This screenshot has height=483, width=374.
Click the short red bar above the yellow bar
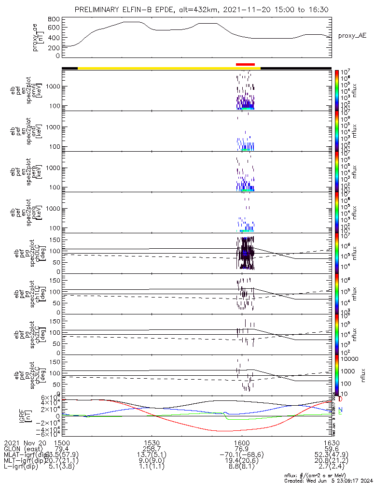pyautogui.click(x=245, y=64)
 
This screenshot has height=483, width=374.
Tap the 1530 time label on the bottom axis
pyautogui.click(x=152, y=443)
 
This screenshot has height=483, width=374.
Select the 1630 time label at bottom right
pyautogui.click(x=331, y=443)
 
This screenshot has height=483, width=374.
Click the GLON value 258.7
pyautogui.click(x=152, y=450)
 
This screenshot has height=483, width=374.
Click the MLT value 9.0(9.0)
pyautogui.click(x=152, y=462)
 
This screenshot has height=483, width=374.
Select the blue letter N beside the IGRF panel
pyautogui.click(x=340, y=410)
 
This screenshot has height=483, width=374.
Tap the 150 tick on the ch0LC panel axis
pyautogui.click(x=55, y=239)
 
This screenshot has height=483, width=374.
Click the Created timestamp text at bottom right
pyautogui.click(x=328, y=480)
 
